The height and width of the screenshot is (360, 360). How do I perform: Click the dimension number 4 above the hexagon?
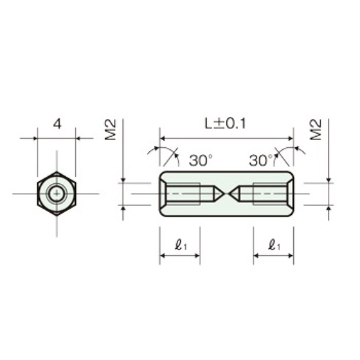58,124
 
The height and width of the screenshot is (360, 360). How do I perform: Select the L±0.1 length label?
225,124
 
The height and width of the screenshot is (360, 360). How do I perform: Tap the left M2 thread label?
111,130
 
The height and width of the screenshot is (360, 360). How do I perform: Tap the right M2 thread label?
315,130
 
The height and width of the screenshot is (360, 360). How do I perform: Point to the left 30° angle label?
201,160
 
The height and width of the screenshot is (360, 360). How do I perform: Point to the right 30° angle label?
261,160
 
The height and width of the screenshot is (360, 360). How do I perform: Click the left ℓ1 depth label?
181,245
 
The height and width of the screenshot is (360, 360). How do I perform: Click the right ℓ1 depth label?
275,245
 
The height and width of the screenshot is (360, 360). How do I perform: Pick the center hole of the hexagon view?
57,194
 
